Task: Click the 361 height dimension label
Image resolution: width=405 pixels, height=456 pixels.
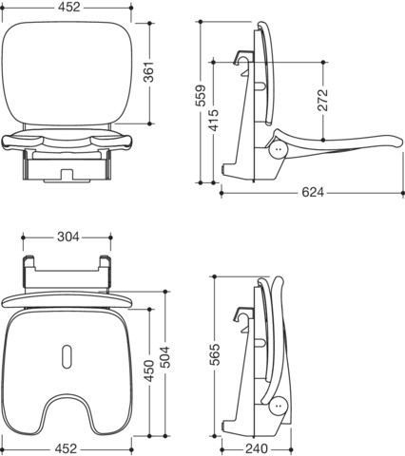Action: click(149, 72)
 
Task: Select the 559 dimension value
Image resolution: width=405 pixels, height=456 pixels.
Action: click(201, 96)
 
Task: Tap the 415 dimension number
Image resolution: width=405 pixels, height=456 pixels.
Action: click(214, 121)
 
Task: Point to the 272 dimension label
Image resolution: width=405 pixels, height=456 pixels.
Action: click(323, 100)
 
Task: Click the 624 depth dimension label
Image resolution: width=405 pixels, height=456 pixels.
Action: click(313, 192)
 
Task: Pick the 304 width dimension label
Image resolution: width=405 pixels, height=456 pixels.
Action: click(68, 237)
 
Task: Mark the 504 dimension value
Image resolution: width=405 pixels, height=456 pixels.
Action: click(164, 357)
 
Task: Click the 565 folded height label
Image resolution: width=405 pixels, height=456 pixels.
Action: click(216, 354)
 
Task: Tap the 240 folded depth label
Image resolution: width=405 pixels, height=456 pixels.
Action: click(257, 448)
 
